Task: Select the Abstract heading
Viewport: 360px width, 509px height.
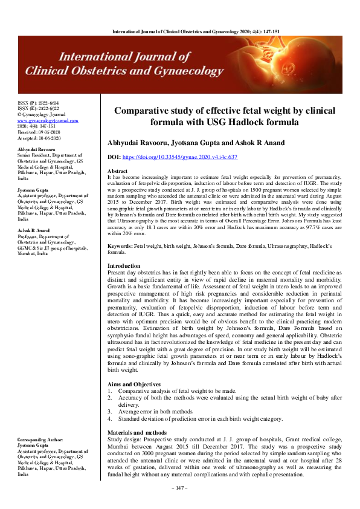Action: (x=117, y=171)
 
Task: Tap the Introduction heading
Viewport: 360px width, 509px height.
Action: (x=124, y=266)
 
